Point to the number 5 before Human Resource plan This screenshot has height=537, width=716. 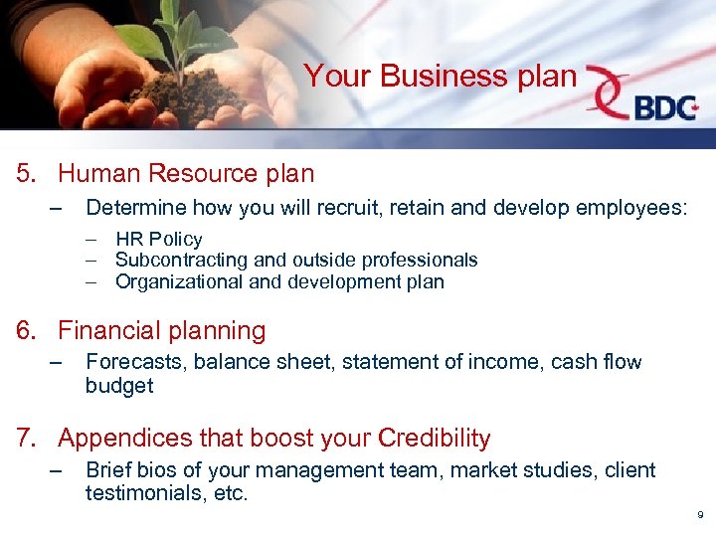point(24,174)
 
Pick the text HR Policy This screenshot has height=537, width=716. point(158,239)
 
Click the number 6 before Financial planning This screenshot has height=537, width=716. point(24,331)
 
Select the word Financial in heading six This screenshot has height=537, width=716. point(104,331)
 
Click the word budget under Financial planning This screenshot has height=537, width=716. point(119,386)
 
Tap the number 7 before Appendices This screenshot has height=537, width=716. point(24,439)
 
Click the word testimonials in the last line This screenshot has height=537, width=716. point(146,493)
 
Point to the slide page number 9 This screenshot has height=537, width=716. point(700,515)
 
